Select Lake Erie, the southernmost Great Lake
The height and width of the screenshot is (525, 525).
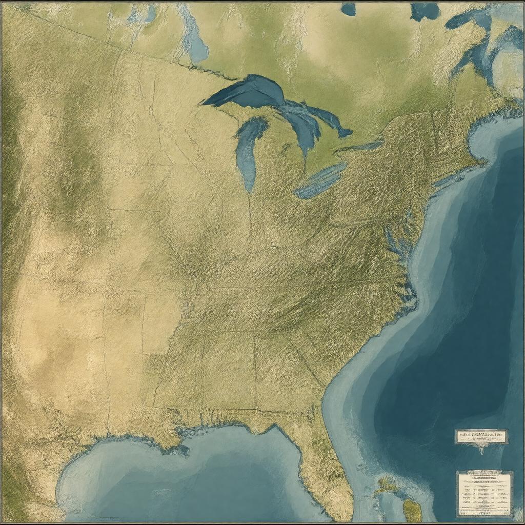click(320, 181)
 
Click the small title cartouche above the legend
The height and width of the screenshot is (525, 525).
click(481, 436)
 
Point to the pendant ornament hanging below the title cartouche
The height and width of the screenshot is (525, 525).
click(481, 450)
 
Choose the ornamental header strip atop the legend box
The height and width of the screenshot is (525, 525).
click(484, 473)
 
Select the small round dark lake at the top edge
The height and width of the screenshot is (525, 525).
click(349, 9)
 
